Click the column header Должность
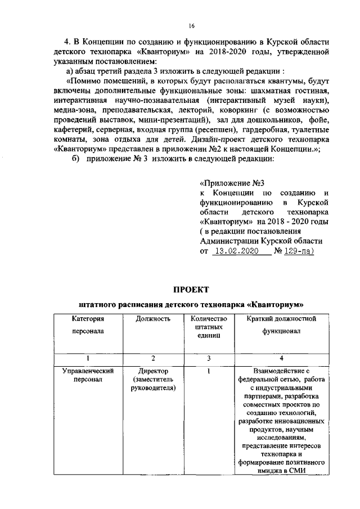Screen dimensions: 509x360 tap(153, 319)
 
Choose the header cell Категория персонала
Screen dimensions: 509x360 tap(88, 325)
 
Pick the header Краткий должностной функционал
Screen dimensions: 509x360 tap(281, 325)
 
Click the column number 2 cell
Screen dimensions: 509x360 tap(153, 358)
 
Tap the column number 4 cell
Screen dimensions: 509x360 tap(281, 358)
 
